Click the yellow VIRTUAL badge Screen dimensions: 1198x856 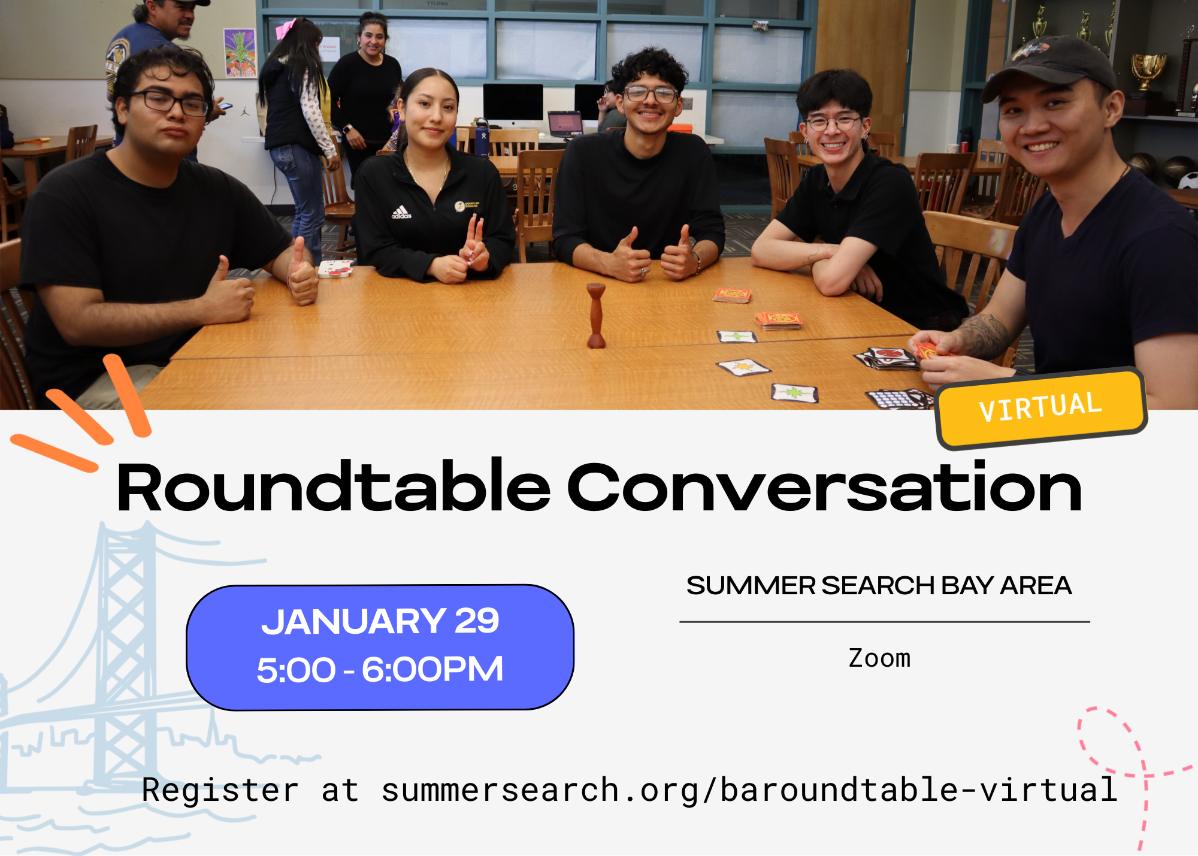click(x=1041, y=408)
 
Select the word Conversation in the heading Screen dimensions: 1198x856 click(x=824, y=488)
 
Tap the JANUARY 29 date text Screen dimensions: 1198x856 click(x=380, y=621)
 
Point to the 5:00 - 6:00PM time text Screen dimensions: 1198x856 click(x=380, y=669)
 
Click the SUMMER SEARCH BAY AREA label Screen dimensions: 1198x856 click(x=879, y=585)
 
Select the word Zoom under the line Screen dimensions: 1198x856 click(x=879, y=658)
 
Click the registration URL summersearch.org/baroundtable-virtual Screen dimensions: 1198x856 click(x=749, y=790)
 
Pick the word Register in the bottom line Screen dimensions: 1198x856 click(x=220, y=790)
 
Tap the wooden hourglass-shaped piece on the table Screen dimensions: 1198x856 click(x=596, y=315)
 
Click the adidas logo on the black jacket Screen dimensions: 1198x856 click(x=401, y=213)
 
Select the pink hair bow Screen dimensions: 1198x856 click(x=286, y=28)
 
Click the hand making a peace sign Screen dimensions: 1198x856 click(x=475, y=247)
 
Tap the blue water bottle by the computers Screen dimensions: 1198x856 click(x=482, y=137)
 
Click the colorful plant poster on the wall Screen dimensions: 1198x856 click(x=240, y=53)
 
